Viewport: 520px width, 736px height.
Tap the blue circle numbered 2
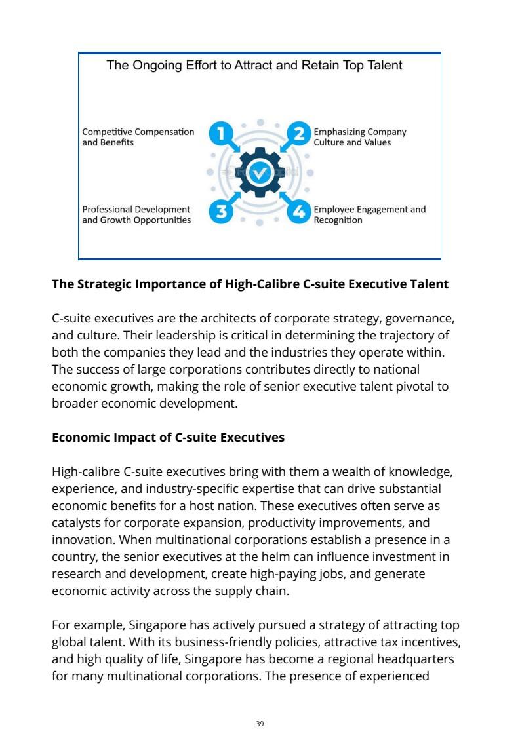pyautogui.click(x=300, y=134)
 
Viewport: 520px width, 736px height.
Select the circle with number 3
pyautogui.click(x=221, y=212)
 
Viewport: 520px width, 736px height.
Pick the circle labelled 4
pyautogui.click(x=300, y=212)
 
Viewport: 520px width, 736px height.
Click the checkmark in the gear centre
pyautogui.click(x=260, y=173)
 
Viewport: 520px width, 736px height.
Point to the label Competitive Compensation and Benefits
pyautogui.click(x=138, y=137)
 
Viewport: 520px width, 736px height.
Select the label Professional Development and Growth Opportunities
pyautogui.click(x=136, y=215)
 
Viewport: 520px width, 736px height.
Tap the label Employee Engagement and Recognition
pyautogui.click(x=369, y=215)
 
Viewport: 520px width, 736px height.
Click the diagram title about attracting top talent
pyautogui.click(x=254, y=65)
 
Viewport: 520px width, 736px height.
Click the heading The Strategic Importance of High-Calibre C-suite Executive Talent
pyautogui.click(x=250, y=284)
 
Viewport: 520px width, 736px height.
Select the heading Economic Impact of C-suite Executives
pyautogui.click(x=168, y=437)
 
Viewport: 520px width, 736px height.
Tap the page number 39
pyautogui.click(x=260, y=724)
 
